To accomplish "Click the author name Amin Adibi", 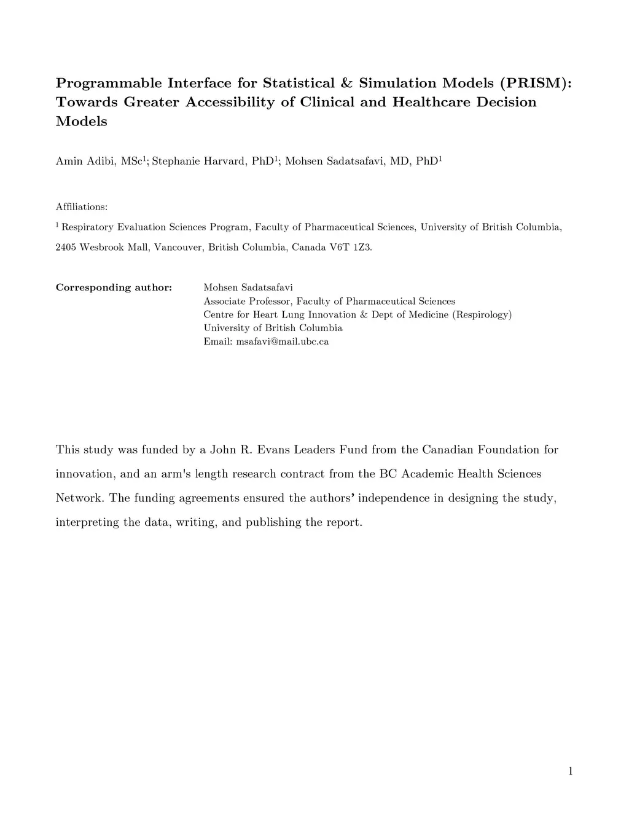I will pos(85,161).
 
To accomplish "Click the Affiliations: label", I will pos(82,207).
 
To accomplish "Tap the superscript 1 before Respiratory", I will pos(57,225).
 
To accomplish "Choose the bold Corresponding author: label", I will pos(114,288).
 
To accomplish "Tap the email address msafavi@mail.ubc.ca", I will pos(283,342).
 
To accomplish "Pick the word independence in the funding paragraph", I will pos(394,498).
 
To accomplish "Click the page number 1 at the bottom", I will pos(570,771).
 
